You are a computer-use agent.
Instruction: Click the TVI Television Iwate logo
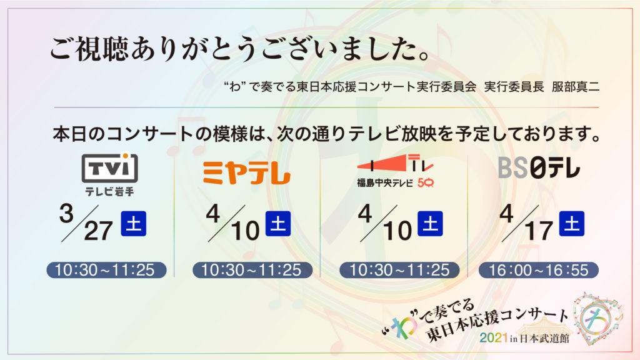pos(109,174)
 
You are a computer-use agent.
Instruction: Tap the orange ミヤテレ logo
pos(246,173)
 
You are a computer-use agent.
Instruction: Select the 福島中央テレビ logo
pos(395,171)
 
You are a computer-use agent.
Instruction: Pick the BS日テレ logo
pos(539,167)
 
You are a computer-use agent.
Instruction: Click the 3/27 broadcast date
pos(86,222)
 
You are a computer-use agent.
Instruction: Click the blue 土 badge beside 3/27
pos(134,224)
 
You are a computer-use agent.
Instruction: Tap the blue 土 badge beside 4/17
pos(571,224)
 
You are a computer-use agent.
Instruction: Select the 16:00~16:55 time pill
pos(538,270)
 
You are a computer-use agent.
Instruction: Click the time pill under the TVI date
pos(106,270)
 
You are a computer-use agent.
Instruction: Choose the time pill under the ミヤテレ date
pos(252,270)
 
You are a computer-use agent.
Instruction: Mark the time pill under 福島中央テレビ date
pos(399,270)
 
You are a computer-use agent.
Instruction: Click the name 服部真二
pos(576,87)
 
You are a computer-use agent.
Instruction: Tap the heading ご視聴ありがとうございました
pos(240,49)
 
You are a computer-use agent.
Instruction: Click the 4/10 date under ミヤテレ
pos(233,223)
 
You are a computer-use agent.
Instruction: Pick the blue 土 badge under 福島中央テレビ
pos(430,224)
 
